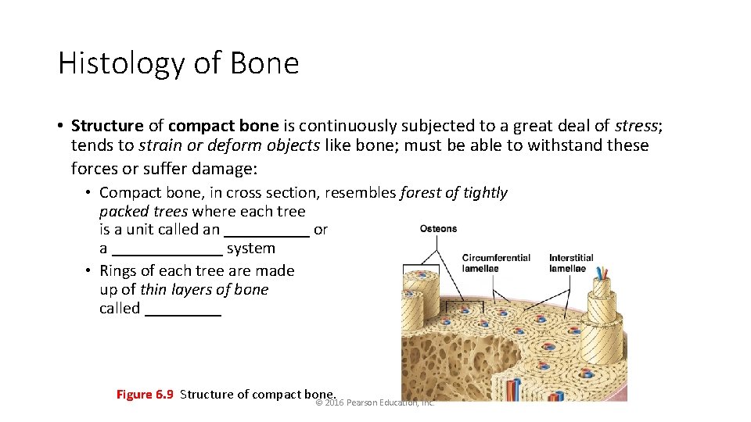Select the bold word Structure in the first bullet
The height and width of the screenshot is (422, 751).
107,126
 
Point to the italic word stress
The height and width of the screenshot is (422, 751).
636,126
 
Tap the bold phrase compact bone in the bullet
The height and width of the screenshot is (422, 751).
223,126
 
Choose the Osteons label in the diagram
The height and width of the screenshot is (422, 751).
438,229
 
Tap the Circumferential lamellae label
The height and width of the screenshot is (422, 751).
496,263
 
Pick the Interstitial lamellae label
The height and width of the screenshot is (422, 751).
571,263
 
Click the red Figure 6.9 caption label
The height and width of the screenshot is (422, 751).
145,394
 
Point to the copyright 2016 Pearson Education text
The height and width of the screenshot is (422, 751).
375,402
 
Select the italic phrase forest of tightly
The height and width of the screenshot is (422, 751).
454,192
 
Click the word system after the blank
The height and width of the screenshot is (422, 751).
251,249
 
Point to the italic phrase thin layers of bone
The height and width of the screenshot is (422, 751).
204,289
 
